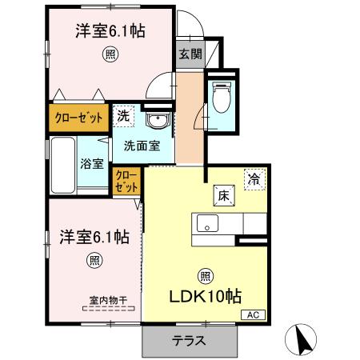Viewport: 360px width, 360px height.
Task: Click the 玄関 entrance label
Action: [x=189, y=54]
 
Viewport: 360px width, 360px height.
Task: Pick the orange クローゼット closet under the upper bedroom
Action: [x=78, y=118]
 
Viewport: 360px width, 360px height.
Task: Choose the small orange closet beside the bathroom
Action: [x=126, y=182]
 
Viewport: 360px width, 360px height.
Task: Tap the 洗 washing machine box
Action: [x=123, y=116]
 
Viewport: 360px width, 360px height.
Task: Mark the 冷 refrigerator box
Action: [x=254, y=180]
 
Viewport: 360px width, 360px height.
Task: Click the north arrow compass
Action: [x=303, y=339]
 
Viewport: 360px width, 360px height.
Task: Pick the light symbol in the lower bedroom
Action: [x=94, y=259]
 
